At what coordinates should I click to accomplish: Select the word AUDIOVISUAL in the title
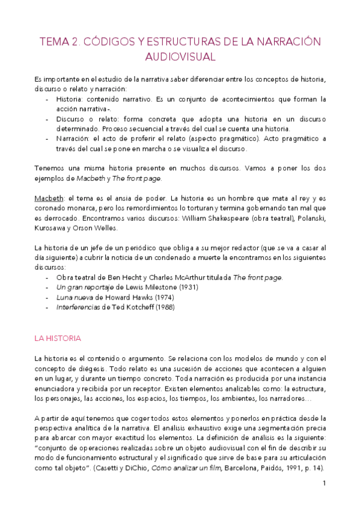[180, 57]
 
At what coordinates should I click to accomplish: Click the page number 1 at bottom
[324, 483]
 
